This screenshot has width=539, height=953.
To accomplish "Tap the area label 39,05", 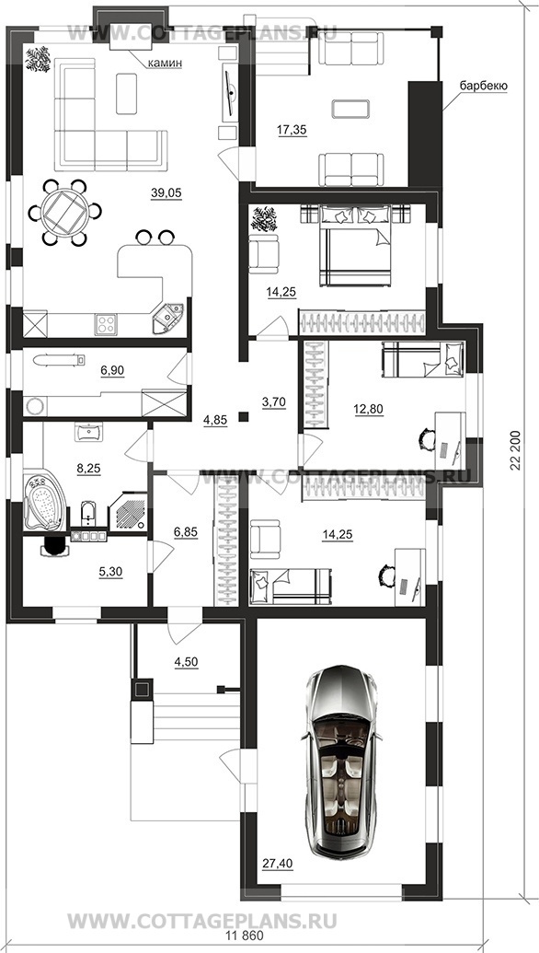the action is click(166, 192).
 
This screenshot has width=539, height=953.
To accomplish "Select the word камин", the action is click(166, 63).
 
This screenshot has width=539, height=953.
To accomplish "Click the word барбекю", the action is click(483, 87).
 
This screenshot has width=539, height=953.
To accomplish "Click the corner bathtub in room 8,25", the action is click(45, 502).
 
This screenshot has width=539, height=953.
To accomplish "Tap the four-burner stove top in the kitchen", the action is click(106, 323).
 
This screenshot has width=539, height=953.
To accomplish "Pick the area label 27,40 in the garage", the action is click(277, 862).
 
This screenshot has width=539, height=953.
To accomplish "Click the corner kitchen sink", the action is click(168, 319).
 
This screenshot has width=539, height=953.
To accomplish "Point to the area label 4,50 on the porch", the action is click(187, 662).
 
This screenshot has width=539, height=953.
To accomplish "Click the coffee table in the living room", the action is click(126, 93).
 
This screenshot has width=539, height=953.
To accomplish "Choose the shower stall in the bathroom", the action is click(128, 512).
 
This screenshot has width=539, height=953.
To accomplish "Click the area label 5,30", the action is click(109, 572).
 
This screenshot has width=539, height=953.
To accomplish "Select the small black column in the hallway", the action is click(244, 416).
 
